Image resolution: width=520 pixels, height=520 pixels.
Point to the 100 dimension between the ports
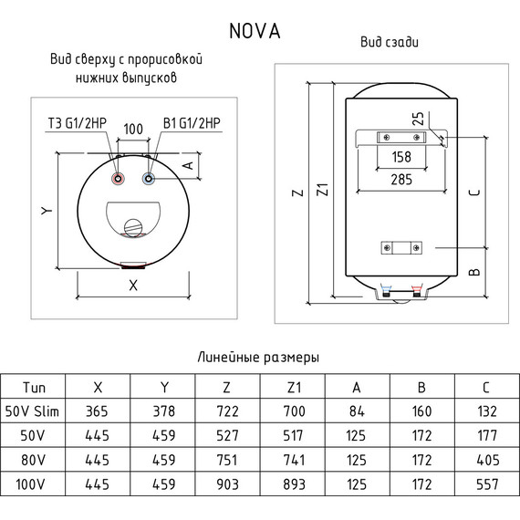point(133,129)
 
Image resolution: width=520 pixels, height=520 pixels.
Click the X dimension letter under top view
point(133,285)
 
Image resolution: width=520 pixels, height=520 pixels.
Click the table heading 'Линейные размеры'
point(259,357)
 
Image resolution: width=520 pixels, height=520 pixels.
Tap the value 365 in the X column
point(97,411)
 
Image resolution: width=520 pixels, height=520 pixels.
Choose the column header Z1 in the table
point(291,388)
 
